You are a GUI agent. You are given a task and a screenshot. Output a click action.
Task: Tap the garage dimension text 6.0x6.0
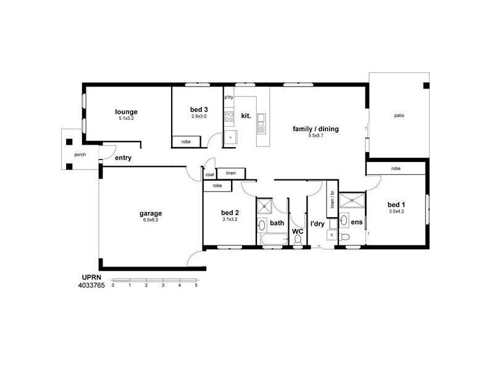(x=150, y=220)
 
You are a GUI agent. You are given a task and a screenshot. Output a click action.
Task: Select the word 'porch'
(x=80, y=155)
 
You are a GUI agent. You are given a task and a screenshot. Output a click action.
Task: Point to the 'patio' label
(x=400, y=115)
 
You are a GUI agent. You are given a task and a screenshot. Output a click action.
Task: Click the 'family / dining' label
(x=316, y=129)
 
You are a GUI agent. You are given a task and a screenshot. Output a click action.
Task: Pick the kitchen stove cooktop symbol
(x=228, y=115)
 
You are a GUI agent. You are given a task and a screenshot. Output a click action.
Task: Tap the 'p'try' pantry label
(x=228, y=98)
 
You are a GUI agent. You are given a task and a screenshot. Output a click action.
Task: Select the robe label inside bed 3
(x=186, y=142)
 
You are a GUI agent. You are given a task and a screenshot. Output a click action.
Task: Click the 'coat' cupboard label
(x=209, y=175)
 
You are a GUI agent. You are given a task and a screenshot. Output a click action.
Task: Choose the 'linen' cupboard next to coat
(x=230, y=173)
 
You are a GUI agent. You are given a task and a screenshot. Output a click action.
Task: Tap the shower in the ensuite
(x=352, y=199)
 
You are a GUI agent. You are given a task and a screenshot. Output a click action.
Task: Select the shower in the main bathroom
(x=264, y=207)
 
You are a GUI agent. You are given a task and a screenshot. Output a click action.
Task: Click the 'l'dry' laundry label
(x=317, y=223)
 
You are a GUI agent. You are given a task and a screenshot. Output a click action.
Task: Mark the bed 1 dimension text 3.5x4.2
(x=396, y=211)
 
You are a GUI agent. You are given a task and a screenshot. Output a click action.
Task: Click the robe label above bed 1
(x=396, y=168)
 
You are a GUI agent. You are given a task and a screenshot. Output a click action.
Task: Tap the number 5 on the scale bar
(x=196, y=286)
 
